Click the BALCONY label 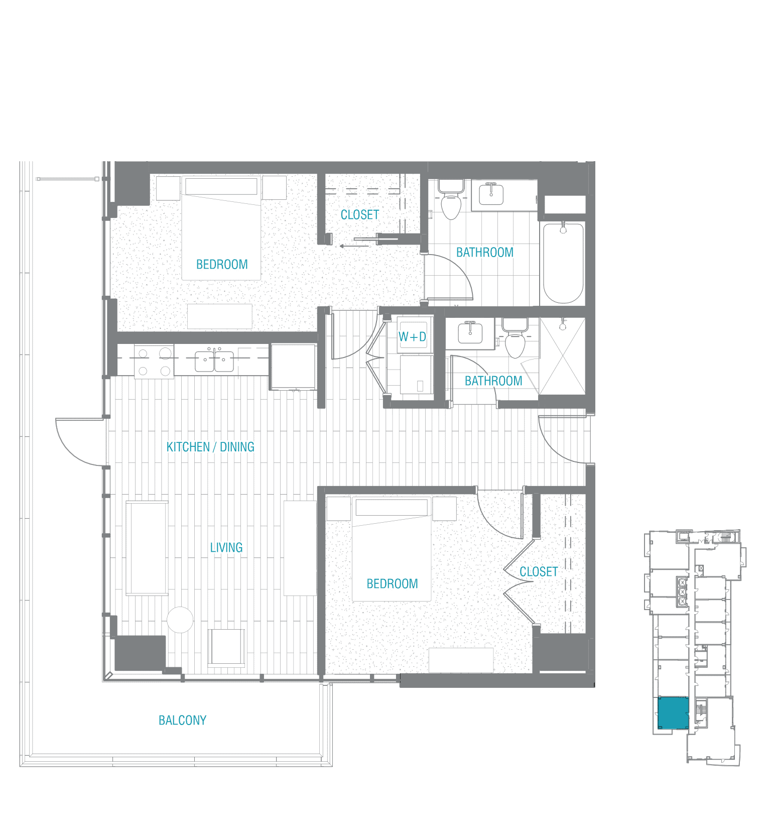[182, 720]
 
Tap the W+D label [412, 336]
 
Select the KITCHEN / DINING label [210, 447]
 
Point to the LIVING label [226, 547]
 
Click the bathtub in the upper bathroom [563, 263]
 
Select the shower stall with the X [562, 356]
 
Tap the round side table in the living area [180, 620]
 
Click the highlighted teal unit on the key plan [673, 712]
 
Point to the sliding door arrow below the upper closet [354, 246]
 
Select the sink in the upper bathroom [491, 193]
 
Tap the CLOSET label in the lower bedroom [539, 571]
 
